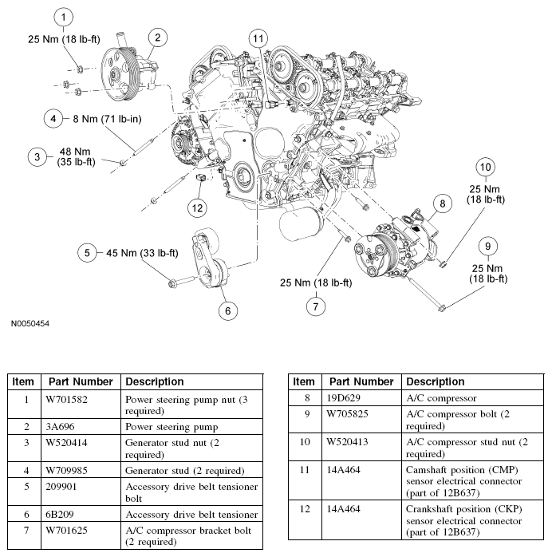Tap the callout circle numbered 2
(158, 37)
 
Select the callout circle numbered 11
(257, 38)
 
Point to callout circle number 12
(197, 207)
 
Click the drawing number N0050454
(30, 325)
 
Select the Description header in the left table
(155, 381)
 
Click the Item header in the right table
(303, 381)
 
